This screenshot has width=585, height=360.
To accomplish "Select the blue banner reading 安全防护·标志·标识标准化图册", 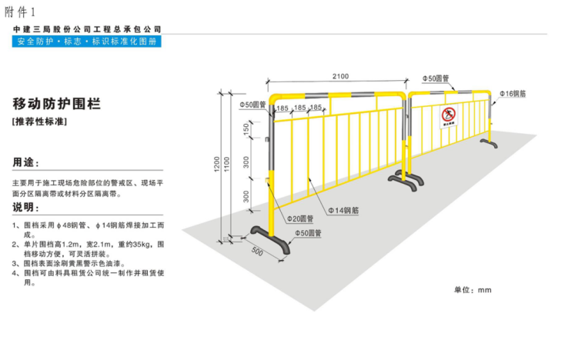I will [x=87, y=42].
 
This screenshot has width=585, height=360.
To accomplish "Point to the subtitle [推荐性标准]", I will [x=41, y=122].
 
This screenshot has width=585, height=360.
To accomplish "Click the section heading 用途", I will [x=25, y=164].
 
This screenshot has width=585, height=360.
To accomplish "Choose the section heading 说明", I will [x=25, y=208].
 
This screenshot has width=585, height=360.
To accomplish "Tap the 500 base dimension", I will [x=257, y=252].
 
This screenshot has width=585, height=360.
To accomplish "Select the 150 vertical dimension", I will [x=246, y=132].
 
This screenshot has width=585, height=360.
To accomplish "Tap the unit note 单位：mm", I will [x=472, y=290].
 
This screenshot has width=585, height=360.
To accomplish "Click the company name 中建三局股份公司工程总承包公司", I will [x=87, y=29].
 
